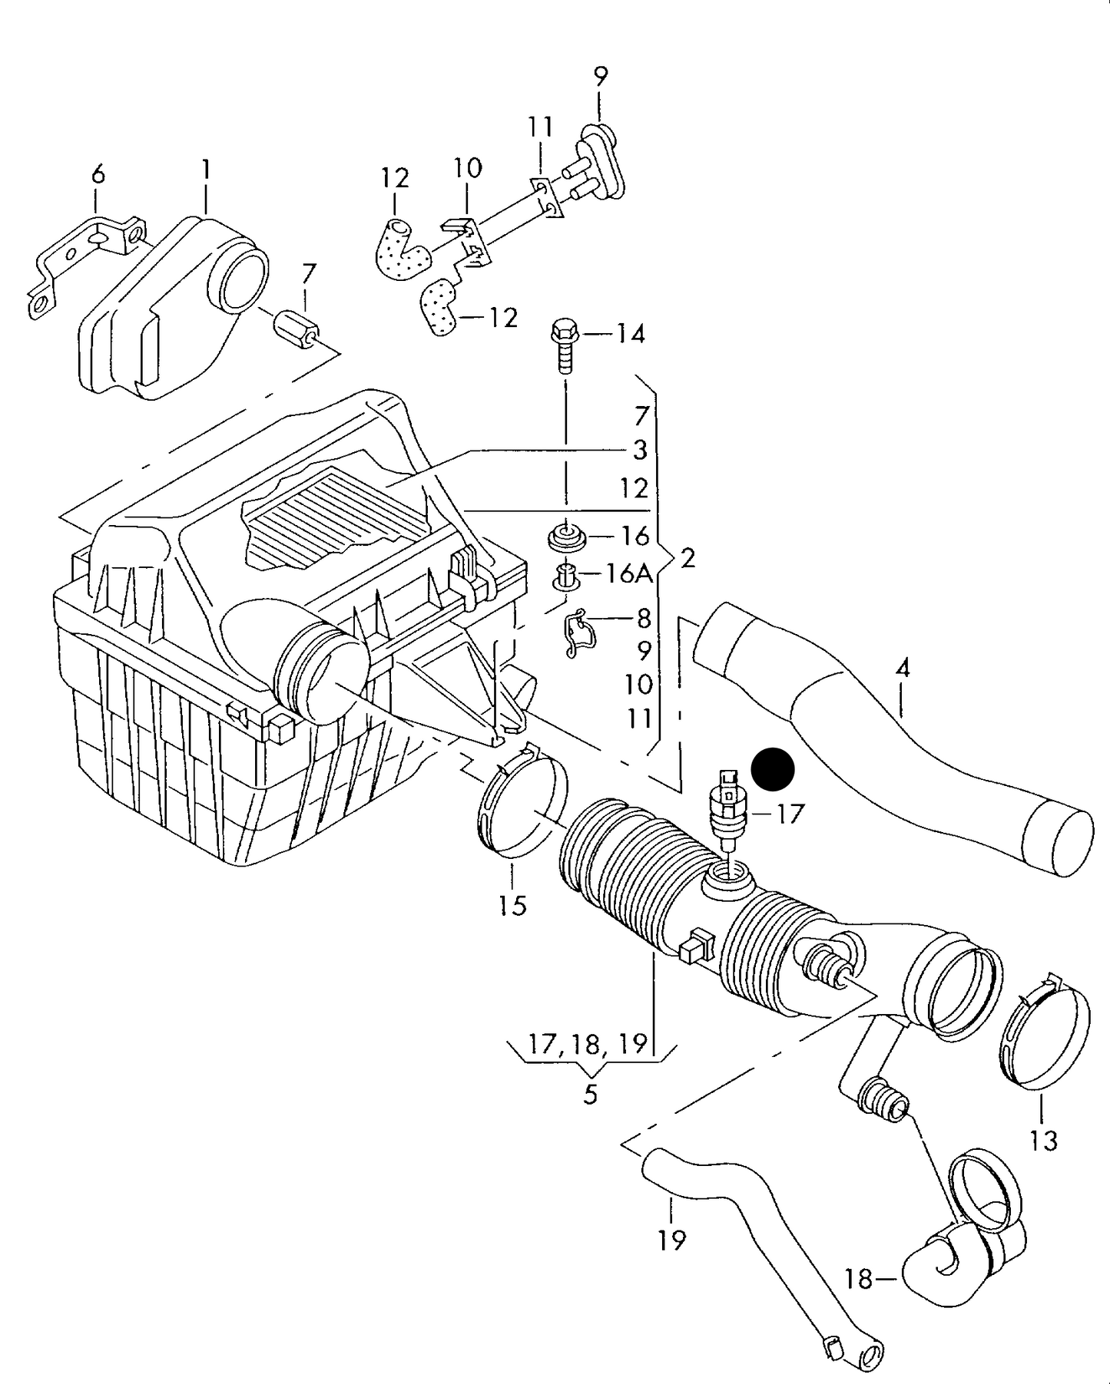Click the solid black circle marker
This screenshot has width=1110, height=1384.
point(772,769)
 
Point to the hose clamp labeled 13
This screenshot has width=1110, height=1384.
point(1045,1032)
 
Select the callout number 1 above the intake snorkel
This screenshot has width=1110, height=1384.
point(206,170)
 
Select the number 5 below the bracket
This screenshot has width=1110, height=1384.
point(590,1094)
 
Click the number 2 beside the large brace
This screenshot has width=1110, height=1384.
point(688,558)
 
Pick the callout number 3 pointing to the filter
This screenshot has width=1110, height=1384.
point(640,450)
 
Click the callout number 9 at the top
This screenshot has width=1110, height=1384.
point(601,77)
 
